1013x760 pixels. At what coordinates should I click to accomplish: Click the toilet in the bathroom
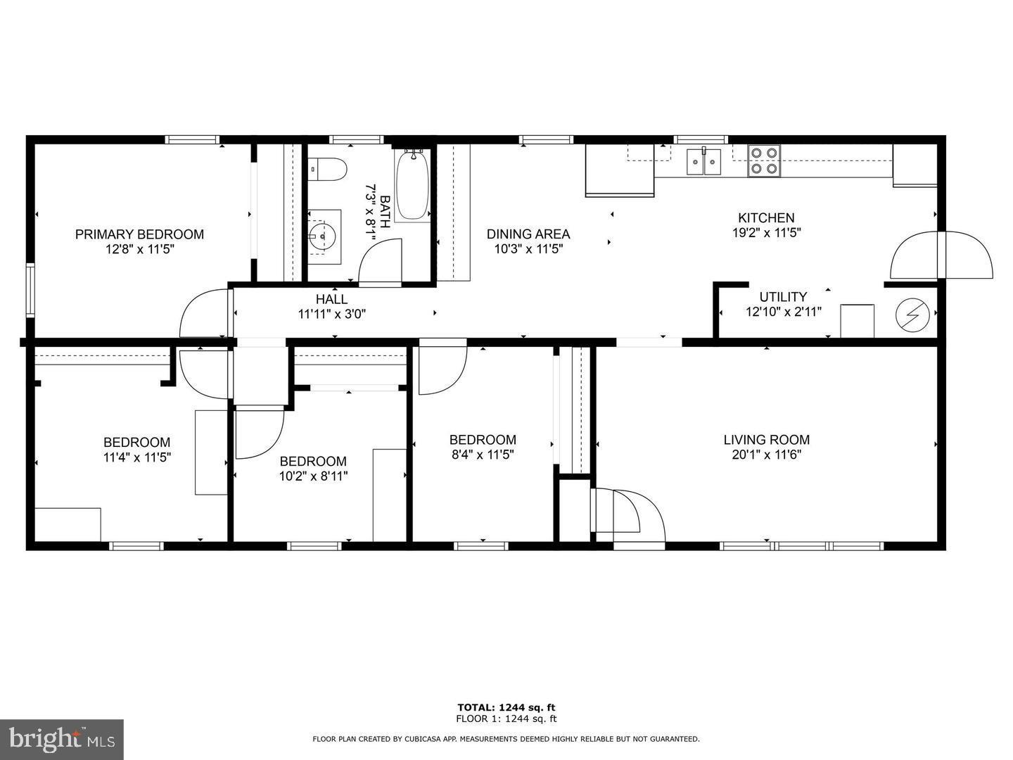coord(327,170)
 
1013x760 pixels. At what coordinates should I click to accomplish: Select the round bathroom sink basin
coord(323,236)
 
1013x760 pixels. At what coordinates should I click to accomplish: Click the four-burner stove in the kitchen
coord(764,161)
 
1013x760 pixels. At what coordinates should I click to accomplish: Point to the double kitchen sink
coord(703,162)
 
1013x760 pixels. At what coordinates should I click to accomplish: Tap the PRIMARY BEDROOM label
coord(139,234)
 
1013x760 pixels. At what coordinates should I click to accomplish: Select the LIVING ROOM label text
coord(767,440)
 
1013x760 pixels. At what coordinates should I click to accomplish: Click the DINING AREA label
coord(528,234)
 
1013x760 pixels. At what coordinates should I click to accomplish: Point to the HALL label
coord(332,299)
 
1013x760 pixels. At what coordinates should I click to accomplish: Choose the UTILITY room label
coord(783,297)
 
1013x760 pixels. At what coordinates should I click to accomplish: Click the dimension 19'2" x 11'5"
coord(767,232)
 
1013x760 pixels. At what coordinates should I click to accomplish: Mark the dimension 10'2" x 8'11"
coord(313,476)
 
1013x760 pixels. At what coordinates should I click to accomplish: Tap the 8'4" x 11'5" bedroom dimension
coord(483,455)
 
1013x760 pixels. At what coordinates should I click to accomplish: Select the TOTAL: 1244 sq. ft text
coord(507,707)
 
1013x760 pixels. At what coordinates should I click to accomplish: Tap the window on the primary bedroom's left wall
coord(30,290)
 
